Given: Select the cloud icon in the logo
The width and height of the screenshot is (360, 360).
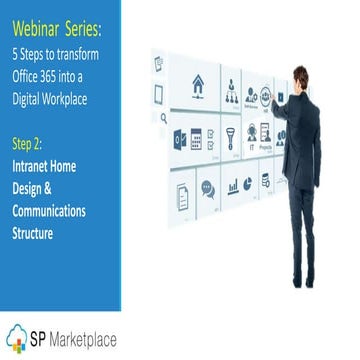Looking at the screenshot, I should click(19, 336).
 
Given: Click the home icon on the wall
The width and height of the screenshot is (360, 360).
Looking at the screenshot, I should click(198, 82).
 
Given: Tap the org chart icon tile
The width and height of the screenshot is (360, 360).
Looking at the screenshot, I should click(232, 94).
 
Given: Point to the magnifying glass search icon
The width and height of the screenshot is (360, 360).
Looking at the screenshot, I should click(163, 117).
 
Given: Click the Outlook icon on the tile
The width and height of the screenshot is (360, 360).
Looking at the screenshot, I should click(181, 138).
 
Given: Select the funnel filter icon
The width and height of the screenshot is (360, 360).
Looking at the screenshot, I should click(229, 136).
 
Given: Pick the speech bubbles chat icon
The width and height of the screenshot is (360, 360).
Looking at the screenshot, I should click(208, 187).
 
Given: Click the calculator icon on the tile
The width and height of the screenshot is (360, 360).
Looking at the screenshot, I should click(197, 138).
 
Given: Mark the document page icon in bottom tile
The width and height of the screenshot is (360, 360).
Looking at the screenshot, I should click(182, 195).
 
